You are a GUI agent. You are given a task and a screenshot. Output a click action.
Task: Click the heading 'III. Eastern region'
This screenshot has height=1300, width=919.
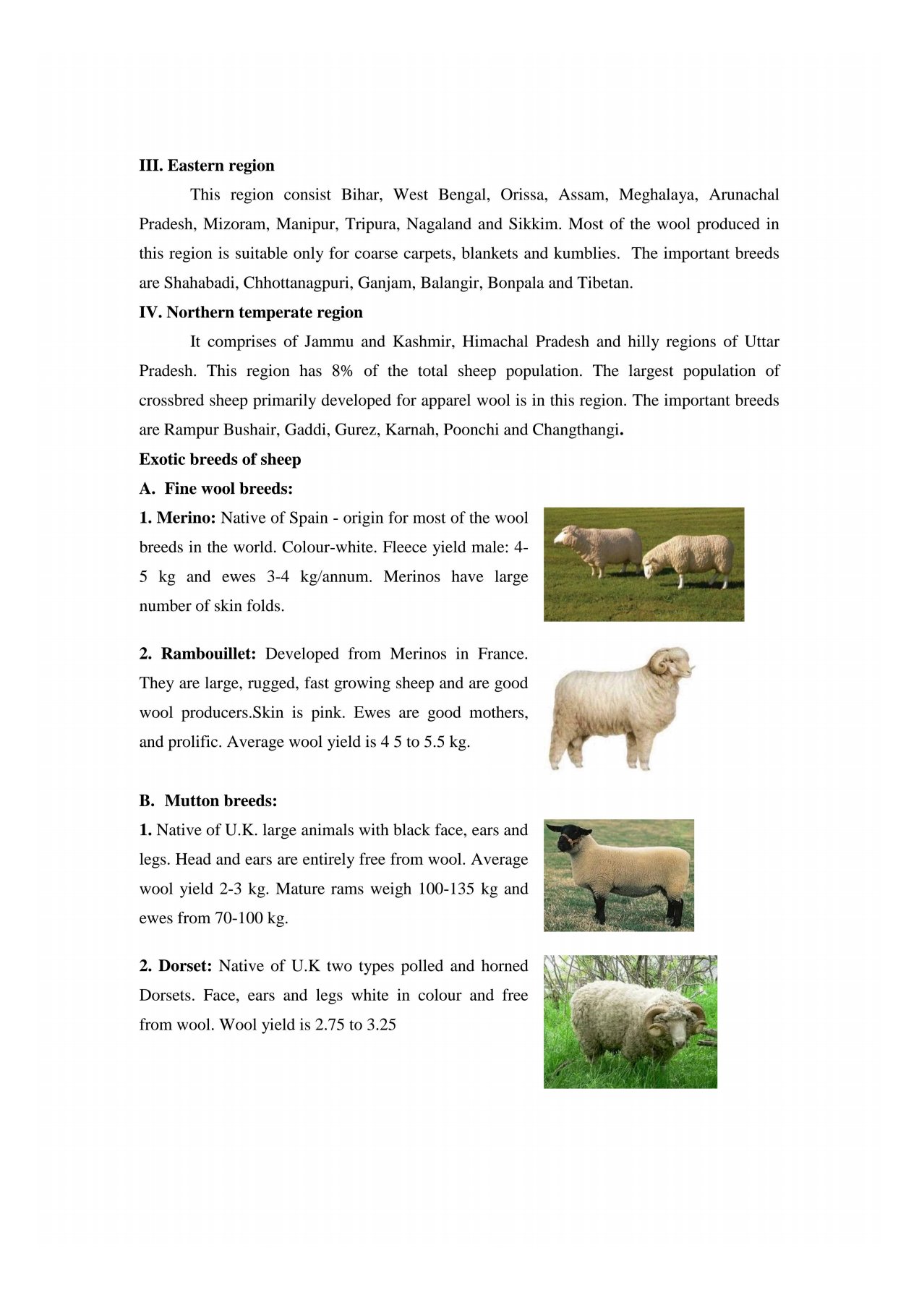pyautogui.click(x=206, y=166)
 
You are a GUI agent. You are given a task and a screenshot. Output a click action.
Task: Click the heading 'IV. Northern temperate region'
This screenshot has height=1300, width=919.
pyautogui.click(x=250, y=312)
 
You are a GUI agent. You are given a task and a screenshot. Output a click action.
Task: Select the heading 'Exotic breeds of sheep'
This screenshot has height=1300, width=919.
pyautogui.click(x=220, y=459)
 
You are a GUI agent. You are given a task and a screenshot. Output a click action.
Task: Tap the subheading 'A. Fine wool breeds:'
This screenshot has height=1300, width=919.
pyautogui.click(x=215, y=489)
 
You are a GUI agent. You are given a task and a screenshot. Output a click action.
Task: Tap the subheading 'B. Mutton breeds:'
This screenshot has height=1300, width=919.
pyautogui.click(x=208, y=801)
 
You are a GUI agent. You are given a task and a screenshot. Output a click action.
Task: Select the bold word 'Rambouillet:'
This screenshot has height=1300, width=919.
pyautogui.click(x=208, y=654)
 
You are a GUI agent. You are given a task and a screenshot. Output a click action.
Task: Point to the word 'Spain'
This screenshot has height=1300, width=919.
pyautogui.click(x=308, y=518)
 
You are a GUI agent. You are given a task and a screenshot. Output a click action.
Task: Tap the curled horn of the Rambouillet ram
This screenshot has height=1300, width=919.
pyautogui.click(x=660, y=662)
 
